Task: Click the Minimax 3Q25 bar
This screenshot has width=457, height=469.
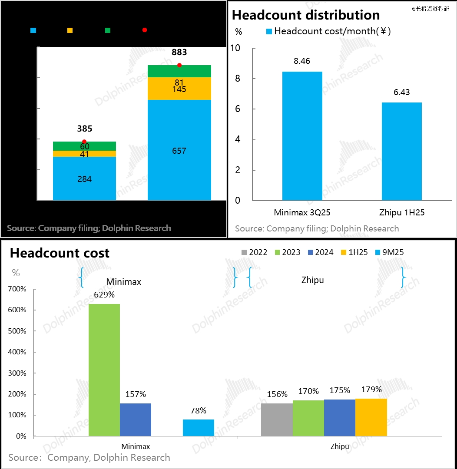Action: coord(302,136)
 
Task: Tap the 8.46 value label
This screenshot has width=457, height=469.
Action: coord(302,61)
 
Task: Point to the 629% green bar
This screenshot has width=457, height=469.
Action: coord(104,370)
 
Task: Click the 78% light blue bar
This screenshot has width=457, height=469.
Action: coord(199,428)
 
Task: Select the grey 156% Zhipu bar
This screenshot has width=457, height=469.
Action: coord(277,419)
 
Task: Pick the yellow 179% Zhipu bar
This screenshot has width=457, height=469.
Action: coord(371,417)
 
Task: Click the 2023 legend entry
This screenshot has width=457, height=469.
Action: coord(286,252)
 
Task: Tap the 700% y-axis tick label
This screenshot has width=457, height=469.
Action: coord(18,289)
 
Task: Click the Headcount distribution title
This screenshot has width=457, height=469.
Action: coord(306,15)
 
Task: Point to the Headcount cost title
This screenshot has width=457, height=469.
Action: coord(60,253)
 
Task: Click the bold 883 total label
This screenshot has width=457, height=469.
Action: coord(179,52)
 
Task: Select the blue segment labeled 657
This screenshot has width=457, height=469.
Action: coord(179,150)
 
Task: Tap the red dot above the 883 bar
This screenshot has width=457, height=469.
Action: coord(179,65)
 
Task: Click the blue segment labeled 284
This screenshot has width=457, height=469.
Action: coord(84,178)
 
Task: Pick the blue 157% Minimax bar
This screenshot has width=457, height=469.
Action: coord(136,419)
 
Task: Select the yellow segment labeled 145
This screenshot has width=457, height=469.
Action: coord(179,89)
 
